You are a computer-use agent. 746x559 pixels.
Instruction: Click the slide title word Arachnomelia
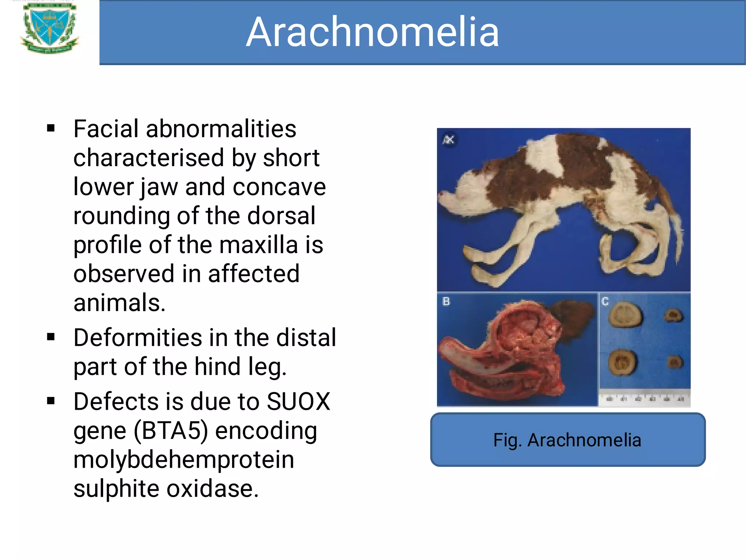(x=372, y=32)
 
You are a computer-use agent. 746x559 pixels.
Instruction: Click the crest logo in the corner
(x=49, y=28)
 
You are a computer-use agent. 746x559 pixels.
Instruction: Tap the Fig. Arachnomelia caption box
(x=567, y=440)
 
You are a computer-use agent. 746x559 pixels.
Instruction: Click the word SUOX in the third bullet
(x=298, y=402)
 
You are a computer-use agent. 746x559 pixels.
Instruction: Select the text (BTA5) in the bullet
(x=171, y=430)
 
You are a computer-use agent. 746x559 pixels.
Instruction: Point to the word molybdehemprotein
(x=184, y=459)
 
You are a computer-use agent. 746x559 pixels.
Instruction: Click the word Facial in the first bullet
(x=106, y=129)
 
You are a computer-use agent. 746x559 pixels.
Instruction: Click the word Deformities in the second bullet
(x=137, y=338)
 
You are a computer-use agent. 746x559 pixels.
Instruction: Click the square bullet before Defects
(x=51, y=401)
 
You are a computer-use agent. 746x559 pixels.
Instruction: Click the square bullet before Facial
(x=51, y=128)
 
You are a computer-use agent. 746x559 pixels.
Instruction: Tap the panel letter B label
(x=446, y=302)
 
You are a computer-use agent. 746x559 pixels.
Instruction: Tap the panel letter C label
(x=605, y=302)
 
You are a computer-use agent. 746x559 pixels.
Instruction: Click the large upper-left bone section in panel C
(x=625, y=315)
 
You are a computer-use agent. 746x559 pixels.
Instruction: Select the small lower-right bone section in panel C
(x=675, y=362)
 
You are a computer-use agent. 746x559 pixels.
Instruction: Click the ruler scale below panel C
(x=645, y=398)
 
